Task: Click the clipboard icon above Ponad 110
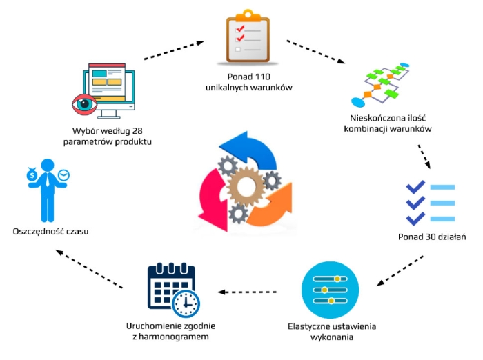click(x=248, y=39)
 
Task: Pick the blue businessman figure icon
click(x=47, y=190)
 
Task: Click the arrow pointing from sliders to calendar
click(x=252, y=292)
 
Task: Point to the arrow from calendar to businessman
click(x=90, y=268)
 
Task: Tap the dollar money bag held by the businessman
click(x=31, y=176)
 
